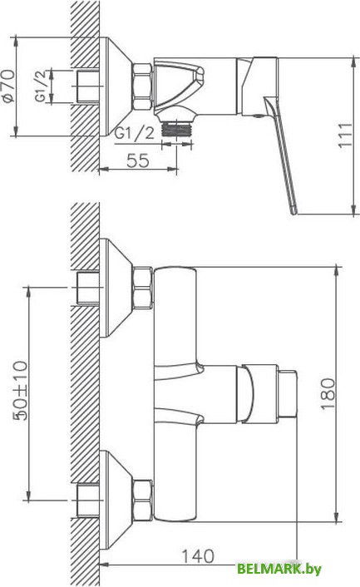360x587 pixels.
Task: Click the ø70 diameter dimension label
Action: (8, 86)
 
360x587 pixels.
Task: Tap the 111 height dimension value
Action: (345, 135)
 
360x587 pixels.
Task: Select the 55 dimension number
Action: (138, 160)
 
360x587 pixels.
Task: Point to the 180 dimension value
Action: (328, 394)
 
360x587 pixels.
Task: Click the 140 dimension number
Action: (198, 556)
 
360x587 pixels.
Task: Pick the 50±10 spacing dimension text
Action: (21, 391)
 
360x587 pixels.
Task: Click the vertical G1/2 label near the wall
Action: (41, 86)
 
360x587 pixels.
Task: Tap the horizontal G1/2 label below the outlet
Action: (135, 133)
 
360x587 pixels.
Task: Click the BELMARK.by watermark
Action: (279, 569)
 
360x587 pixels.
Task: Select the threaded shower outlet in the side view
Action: (176, 130)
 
